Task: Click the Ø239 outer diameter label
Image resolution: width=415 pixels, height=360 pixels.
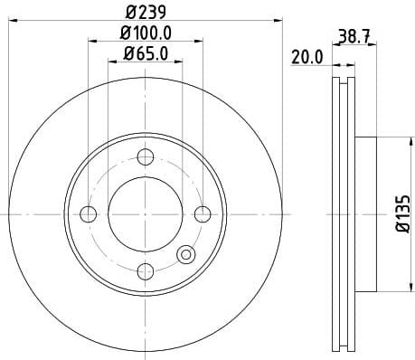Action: (x=146, y=13)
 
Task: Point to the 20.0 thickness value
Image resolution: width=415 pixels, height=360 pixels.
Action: (x=307, y=57)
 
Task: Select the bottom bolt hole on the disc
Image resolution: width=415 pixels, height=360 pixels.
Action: (x=146, y=270)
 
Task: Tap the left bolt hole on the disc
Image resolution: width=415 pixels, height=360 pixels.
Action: (x=89, y=213)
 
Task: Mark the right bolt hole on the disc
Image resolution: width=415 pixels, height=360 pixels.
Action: (x=203, y=213)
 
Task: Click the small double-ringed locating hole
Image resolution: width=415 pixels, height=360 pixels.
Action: (x=186, y=255)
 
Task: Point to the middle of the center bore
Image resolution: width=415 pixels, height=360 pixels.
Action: (x=146, y=213)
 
